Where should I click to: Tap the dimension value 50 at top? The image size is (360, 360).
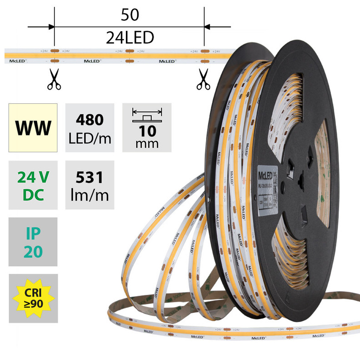130,15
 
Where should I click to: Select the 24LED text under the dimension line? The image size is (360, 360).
130,37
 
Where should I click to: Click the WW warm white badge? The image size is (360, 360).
33,128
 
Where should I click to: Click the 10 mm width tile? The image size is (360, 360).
147,128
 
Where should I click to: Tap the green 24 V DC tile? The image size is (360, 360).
33,185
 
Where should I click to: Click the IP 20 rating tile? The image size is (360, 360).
33,242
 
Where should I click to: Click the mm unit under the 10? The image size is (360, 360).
147,144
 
